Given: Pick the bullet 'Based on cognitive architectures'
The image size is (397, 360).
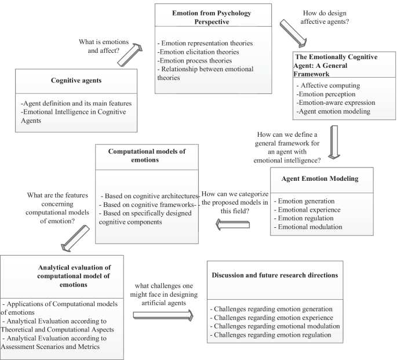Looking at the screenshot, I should point(150,195).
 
